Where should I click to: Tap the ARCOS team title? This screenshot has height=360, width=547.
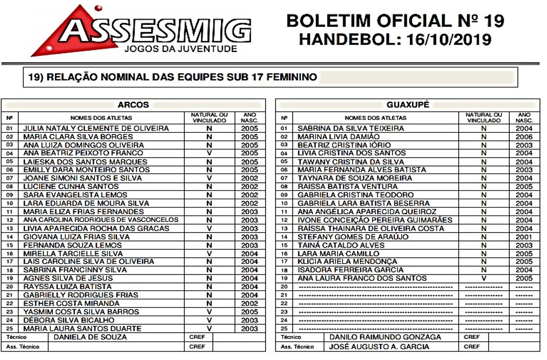click(133, 105)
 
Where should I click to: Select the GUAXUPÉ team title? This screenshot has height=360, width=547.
click(408, 105)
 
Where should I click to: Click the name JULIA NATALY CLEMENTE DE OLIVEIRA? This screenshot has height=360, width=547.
click(96, 128)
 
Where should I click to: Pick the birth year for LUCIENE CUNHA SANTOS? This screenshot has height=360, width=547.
click(249, 187)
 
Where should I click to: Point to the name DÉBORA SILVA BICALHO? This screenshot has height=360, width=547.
click(69, 320)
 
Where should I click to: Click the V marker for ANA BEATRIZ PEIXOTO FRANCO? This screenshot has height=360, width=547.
click(209, 153)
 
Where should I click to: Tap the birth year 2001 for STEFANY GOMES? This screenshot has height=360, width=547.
click(524, 237)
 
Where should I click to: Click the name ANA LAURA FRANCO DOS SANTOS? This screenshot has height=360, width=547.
click(362, 278)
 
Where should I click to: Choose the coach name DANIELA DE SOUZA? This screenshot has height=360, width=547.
click(90, 337)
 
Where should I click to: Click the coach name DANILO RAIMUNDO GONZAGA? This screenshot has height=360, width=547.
click(385, 337)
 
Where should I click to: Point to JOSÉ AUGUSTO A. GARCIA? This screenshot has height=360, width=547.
click(379, 346)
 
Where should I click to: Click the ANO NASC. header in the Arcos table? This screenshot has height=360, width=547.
click(250, 118)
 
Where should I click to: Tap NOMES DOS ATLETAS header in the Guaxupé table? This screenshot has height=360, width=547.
click(375, 118)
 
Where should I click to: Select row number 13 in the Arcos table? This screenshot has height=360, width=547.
click(10, 228)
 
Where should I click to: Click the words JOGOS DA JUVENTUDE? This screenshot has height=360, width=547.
click(181, 49)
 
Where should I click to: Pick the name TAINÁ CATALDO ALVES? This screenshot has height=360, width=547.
click(335, 245)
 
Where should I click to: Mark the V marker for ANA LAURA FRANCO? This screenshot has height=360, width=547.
click(484, 278)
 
